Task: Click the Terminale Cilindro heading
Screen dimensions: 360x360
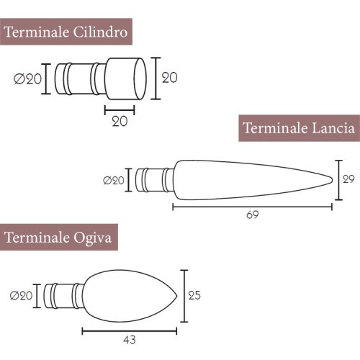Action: pyautogui.click(x=67, y=33)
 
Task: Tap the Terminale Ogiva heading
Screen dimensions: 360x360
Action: pyautogui.click(x=58, y=237)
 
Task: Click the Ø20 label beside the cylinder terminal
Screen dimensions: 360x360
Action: pyautogui.click(x=28, y=79)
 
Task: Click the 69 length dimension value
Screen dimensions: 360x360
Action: pyautogui.click(x=252, y=215)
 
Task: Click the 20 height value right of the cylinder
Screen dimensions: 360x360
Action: pyautogui.click(x=169, y=77)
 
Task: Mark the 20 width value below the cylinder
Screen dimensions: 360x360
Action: pyautogui.click(x=120, y=122)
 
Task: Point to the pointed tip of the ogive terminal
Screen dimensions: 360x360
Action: pyautogui.click(x=177, y=295)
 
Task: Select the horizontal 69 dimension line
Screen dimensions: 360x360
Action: pyautogui.click(x=252, y=206)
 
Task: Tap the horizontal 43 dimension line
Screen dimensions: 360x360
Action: pyautogui.click(x=129, y=330)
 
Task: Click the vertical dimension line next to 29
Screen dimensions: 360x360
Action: pyautogui.click(x=338, y=180)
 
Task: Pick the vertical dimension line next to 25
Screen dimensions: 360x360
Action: pyautogui.click(x=186, y=296)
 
